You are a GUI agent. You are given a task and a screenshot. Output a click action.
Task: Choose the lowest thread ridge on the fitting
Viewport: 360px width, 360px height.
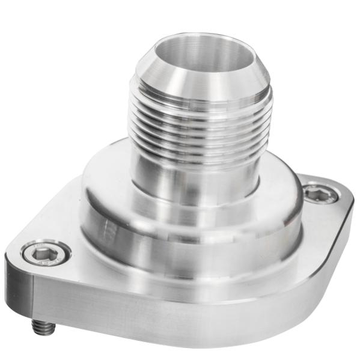pyautogui.click(x=201, y=157)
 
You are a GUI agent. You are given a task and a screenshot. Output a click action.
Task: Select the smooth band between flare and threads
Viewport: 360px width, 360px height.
pyautogui.click(x=201, y=99)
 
